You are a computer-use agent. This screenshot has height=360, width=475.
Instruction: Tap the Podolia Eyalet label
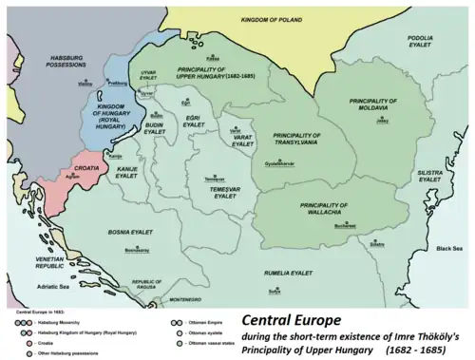click(421, 42)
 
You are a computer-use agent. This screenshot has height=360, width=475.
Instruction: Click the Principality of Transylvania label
click(289, 139)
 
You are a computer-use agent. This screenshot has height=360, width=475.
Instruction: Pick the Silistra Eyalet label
click(430, 176)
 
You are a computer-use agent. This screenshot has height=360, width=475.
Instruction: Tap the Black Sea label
click(449, 248)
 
